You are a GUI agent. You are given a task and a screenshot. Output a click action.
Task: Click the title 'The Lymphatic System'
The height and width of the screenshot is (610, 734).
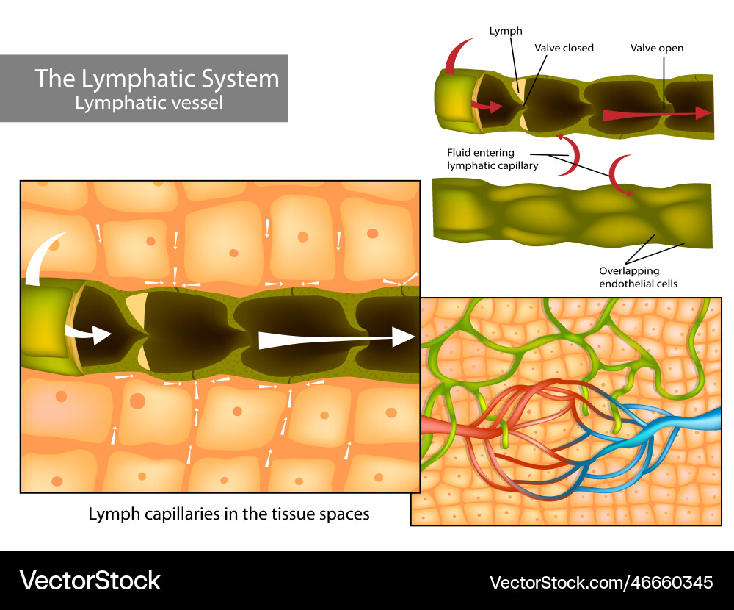157,78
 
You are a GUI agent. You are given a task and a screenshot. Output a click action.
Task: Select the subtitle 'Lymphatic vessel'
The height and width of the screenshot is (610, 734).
149,102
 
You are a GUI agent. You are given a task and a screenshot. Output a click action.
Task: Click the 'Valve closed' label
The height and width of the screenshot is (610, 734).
564,48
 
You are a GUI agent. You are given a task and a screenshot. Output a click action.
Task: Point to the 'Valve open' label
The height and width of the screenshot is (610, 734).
656,48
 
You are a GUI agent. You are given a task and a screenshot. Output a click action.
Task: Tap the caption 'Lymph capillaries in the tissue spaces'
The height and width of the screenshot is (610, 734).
229,514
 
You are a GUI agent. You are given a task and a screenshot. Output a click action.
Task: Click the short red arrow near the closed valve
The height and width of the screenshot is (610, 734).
486,107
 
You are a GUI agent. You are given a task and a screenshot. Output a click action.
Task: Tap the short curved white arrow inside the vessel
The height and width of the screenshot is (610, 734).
88,334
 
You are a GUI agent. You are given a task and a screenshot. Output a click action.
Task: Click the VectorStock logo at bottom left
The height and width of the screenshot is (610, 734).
90,581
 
